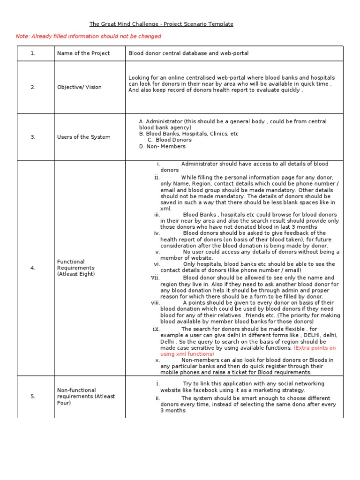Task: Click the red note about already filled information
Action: click(x=88, y=36)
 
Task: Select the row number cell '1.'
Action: click(x=33, y=53)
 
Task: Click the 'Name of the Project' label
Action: click(x=83, y=53)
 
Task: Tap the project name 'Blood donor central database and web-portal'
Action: click(x=188, y=53)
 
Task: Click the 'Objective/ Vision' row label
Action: click(x=79, y=87)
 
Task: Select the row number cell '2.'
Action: click(x=33, y=87)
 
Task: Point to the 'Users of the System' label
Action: click(x=83, y=137)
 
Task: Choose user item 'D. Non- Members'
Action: click(x=162, y=146)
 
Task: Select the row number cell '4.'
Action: click(x=33, y=268)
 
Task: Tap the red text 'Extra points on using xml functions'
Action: click(x=248, y=351)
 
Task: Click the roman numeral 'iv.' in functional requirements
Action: click(x=157, y=233)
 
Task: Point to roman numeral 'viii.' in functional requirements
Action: click(x=156, y=303)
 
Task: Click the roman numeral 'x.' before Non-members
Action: click(x=157, y=360)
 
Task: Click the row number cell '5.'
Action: click(x=33, y=396)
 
